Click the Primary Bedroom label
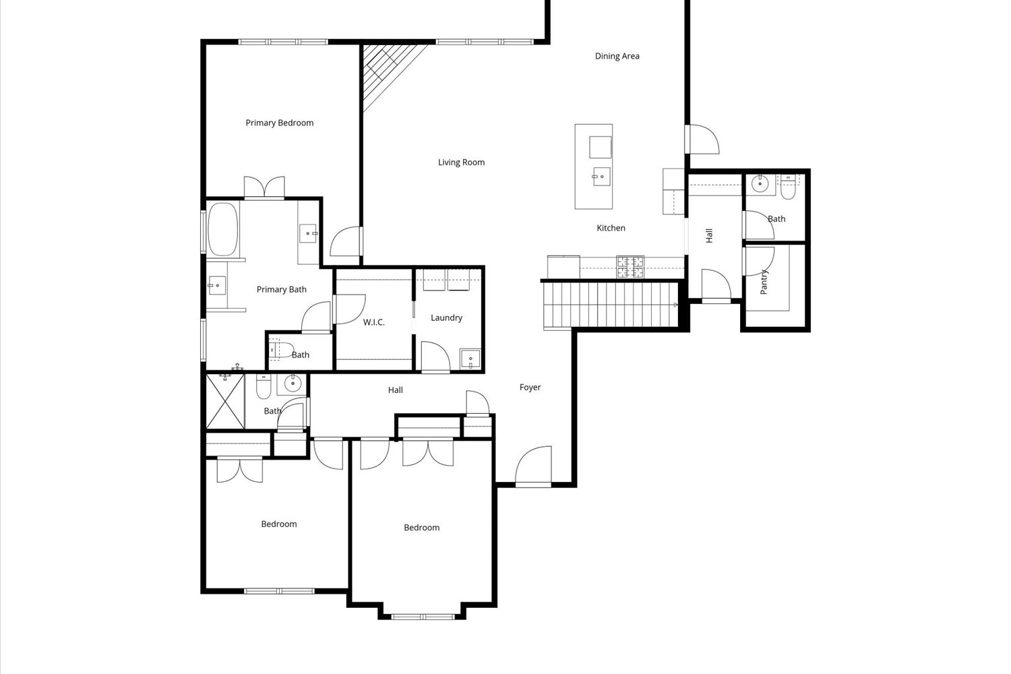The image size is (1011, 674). click(x=279, y=123)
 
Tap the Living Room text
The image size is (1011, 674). click(x=461, y=162)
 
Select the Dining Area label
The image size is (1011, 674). click(x=617, y=56)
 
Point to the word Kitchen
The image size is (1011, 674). click(x=611, y=228)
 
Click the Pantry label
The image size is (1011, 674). click(x=764, y=282)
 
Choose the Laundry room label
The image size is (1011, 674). click(x=446, y=317)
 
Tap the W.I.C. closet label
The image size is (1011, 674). click(x=373, y=322)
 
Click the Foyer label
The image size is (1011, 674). click(x=530, y=388)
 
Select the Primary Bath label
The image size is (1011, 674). click(x=281, y=289)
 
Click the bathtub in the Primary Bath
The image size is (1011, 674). click(x=223, y=229)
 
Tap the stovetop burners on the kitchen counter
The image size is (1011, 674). click(x=630, y=267)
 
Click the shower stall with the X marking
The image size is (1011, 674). click(x=225, y=402)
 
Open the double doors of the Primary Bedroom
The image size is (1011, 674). click(x=264, y=187)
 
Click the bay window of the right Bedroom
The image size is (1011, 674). click(x=423, y=615)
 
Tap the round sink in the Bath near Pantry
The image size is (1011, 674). click(x=760, y=183)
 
